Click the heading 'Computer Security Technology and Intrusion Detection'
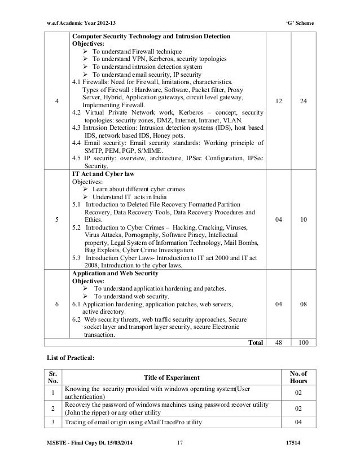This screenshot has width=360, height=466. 150,37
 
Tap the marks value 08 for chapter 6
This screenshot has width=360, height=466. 303,305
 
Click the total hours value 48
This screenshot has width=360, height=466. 278,342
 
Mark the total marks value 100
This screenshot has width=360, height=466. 303,342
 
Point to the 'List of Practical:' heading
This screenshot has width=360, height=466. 71,358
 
